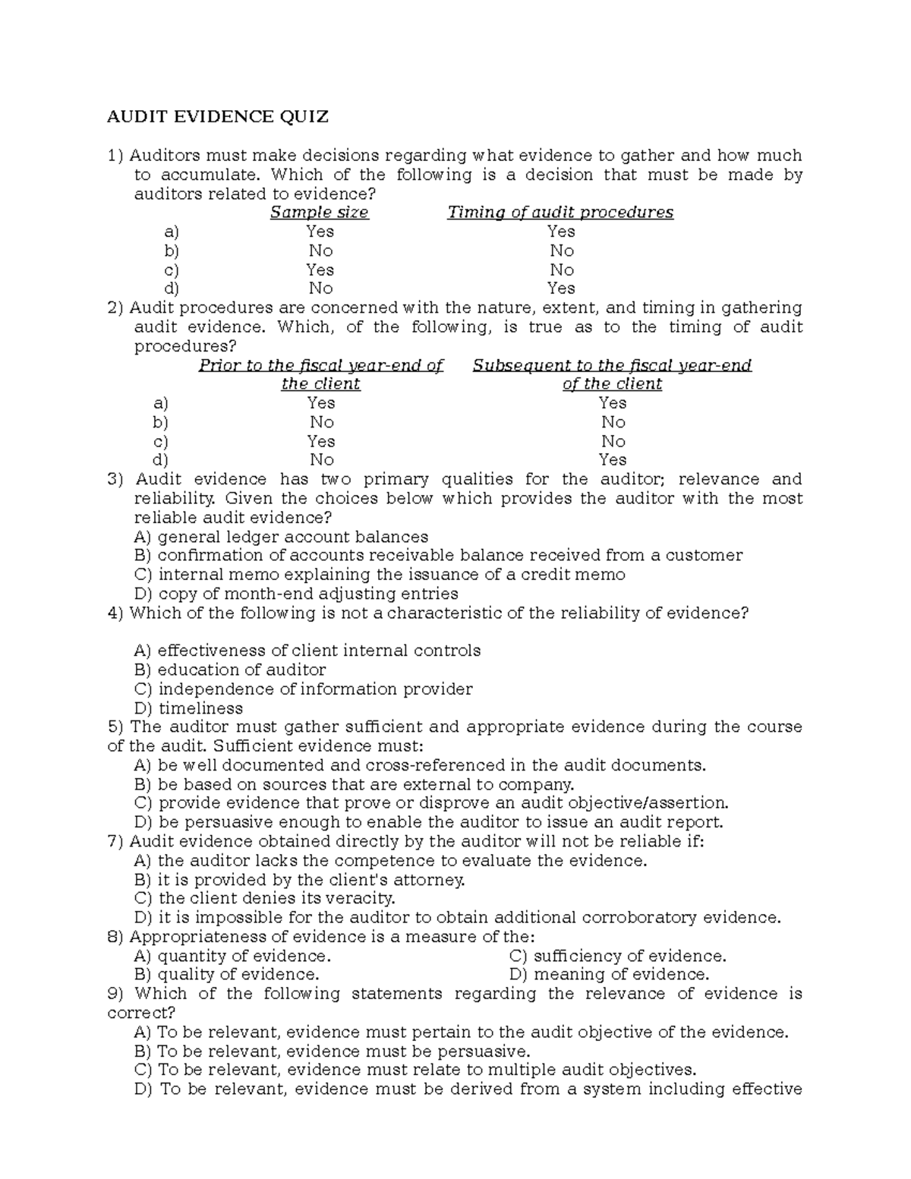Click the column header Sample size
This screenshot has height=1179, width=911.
click(319, 213)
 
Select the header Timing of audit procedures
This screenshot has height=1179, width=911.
click(560, 213)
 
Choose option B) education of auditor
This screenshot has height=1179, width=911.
click(230, 670)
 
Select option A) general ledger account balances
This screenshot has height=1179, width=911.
click(281, 537)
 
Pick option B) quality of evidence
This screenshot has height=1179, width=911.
click(226, 975)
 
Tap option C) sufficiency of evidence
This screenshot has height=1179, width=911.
click(618, 956)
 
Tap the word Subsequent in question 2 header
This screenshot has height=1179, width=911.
click(510, 366)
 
